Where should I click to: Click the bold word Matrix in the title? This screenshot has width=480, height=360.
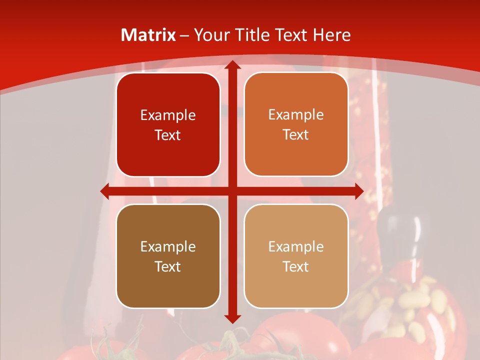point(148,35)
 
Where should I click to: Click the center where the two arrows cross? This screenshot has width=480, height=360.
point(232,191)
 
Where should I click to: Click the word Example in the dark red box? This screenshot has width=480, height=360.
point(168,115)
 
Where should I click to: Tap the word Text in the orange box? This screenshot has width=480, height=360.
point(296,135)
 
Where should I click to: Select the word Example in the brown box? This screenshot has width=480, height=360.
point(168,246)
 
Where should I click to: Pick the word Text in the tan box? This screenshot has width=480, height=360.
point(296,266)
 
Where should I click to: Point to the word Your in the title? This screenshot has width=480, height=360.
point(210,35)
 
